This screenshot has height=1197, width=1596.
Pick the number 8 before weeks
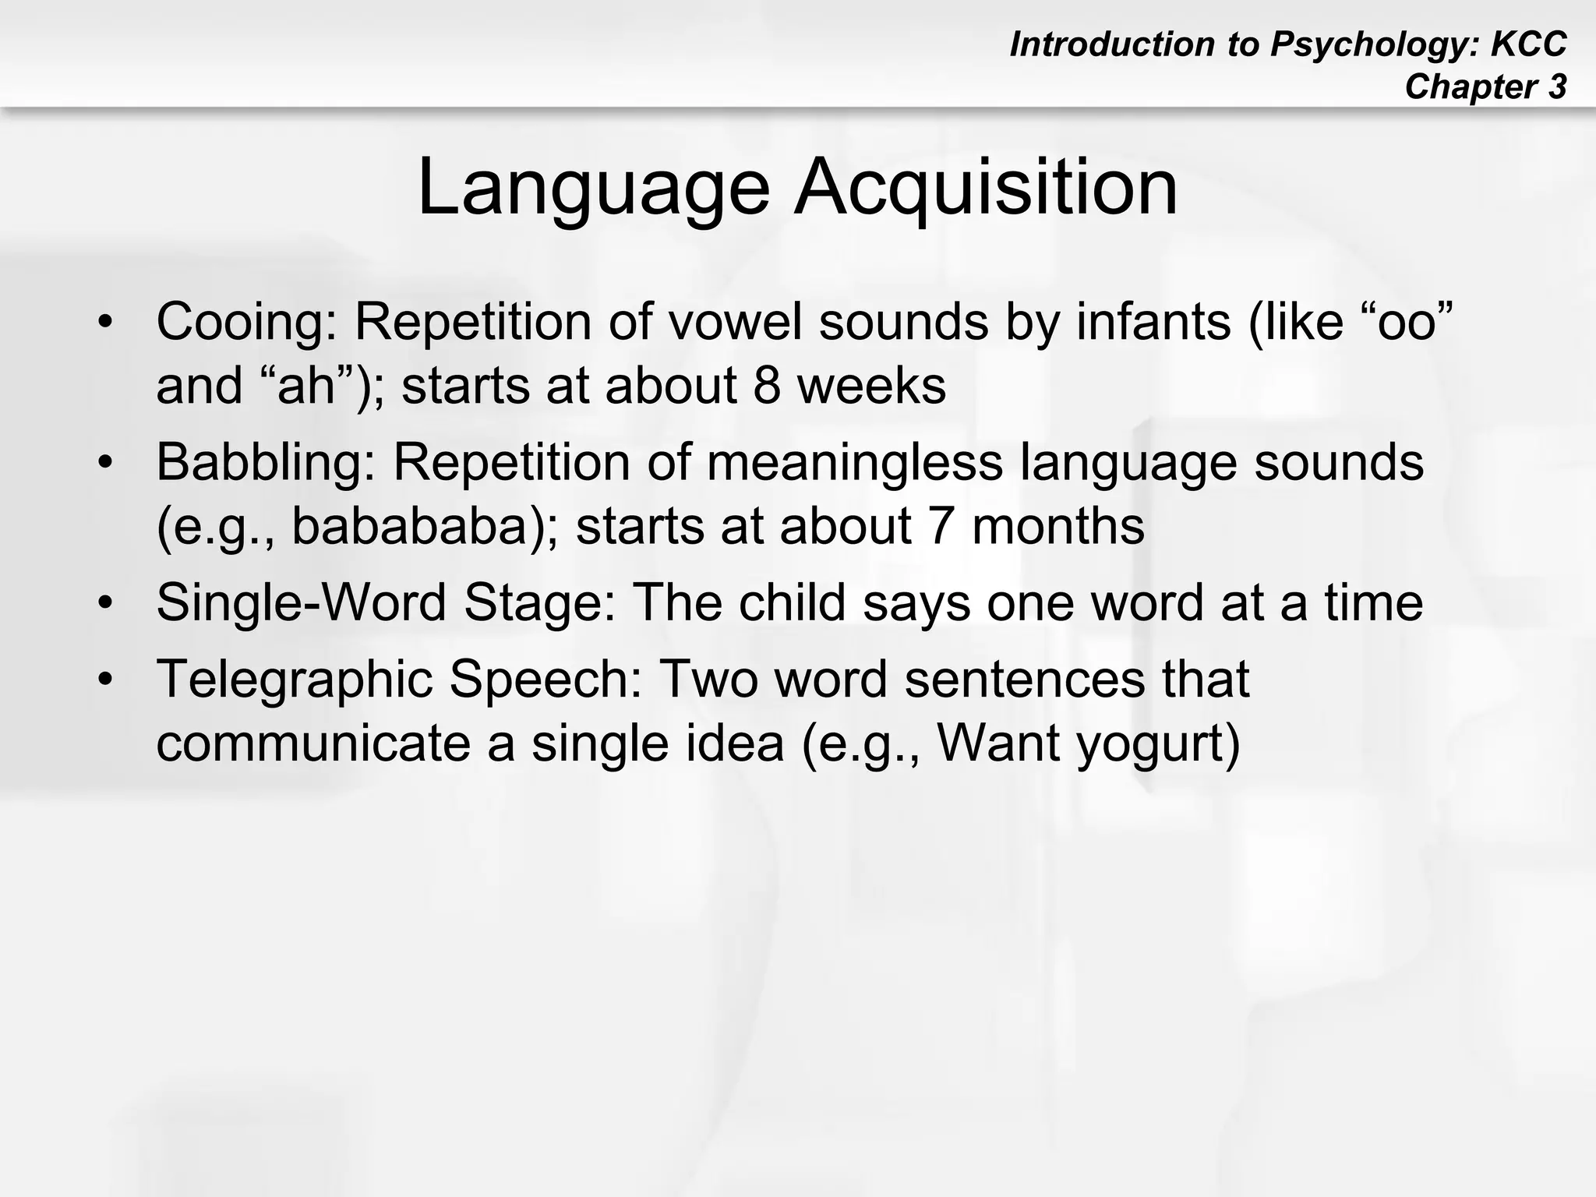tap(767, 386)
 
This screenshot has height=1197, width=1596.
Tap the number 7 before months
tap(941, 526)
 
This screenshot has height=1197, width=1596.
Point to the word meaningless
tap(854, 462)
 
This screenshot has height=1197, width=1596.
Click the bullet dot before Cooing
tap(106, 322)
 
